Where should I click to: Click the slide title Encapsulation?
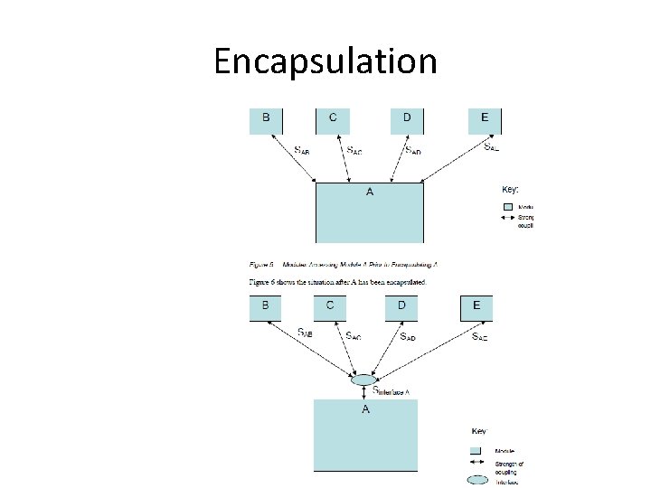pyautogui.click(x=325, y=61)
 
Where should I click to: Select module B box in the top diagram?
pyautogui.click(x=266, y=121)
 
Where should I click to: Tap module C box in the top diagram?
pyautogui.click(x=333, y=121)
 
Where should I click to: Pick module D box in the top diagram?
pyautogui.click(x=407, y=121)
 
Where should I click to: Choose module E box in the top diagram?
pyautogui.click(x=485, y=121)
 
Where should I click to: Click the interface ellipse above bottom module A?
pyautogui.click(x=363, y=380)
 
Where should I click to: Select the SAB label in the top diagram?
pyautogui.click(x=302, y=150)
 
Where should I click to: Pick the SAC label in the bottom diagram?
pyautogui.click(x=354, y=335)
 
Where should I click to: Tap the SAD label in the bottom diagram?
pyautogui.click(x=408, y=335)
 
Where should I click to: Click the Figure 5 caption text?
pyautogui.click(x=344, y=264)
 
